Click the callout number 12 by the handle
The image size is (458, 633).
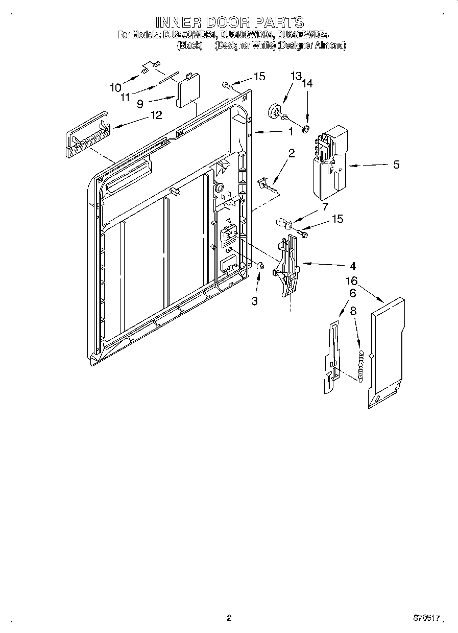tap(156, 115)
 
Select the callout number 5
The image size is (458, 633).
tap(396, 165)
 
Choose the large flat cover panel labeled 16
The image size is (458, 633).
tap(386, 353)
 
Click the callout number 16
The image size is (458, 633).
tap(352, 281)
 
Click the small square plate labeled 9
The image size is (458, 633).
tap(187, 90)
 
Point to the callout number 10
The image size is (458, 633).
tap(116, 87)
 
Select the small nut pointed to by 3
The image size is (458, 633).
tap(260, 265)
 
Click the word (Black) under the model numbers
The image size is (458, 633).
tap(189, 45)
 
